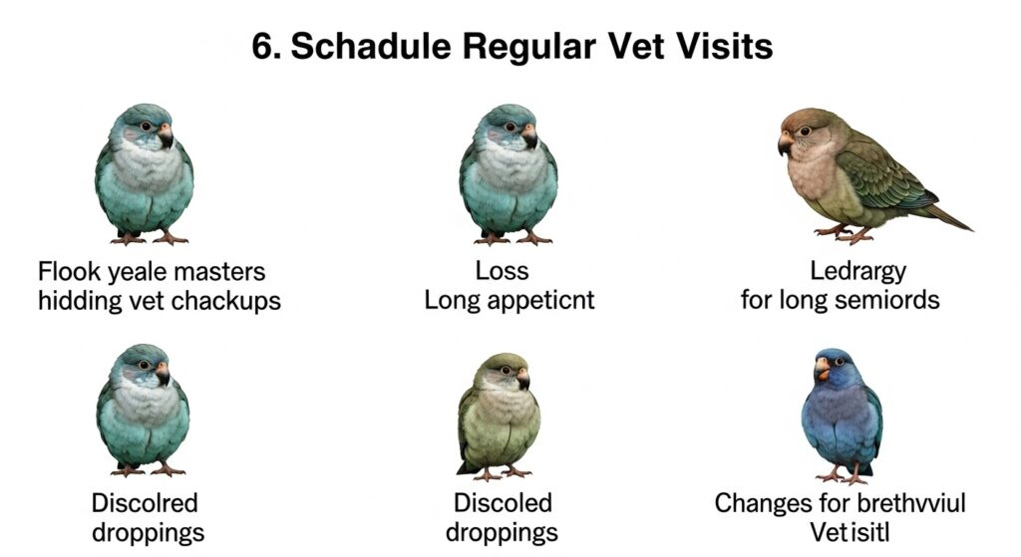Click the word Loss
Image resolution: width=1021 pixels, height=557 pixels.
click(x=502, y=271)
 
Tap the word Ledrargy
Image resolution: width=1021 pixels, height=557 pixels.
click(x=857, y=272)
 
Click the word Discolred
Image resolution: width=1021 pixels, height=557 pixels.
click(x=145, y=503)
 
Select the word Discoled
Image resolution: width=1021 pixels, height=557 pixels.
click(x=503, y=503)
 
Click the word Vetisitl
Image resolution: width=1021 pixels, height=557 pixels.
click(x=850, y=532)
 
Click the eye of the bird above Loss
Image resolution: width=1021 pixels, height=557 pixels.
click(x=510, y=127)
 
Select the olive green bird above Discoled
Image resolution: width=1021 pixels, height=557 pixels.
click(x=499, y=417)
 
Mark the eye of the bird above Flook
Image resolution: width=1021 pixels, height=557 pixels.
click(x=146, y=127)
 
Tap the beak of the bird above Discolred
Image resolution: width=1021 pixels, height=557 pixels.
click(x=163, y=374)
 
